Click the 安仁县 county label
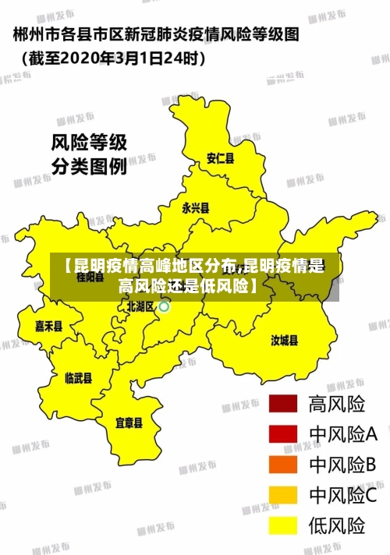click(x=220, y=158)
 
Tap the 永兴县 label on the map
click(x=196, y=208)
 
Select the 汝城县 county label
click(x=284, y=340)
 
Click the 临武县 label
click(x=78, y=378)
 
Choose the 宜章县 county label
click(x=129, y=423)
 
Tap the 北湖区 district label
click(x=141, y=306)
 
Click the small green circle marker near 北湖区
click(x=165, y=307)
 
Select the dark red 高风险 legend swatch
click(x=284, y=405)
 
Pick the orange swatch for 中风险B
click(x=284, y=465)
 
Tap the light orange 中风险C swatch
click(x=284, y=494)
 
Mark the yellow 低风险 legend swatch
click(x=284, y=524)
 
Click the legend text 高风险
click(x=338, y=405)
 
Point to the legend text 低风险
click(x=338, y=525)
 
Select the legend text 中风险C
click(x=343, y=495)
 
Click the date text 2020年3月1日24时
click(x=117, y=57)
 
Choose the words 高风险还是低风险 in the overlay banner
click(x=186, y=285)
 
